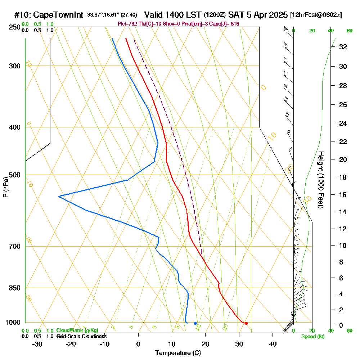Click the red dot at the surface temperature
point(246,323)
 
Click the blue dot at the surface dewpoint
point(195,323)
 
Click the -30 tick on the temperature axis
point(37,344)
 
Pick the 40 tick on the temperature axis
point(273,344)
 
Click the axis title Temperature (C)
point(178,353)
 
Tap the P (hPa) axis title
point(5,187)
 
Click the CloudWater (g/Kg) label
point(77,330)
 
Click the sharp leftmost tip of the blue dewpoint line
point(59,196)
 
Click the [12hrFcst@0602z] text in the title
point(316,15)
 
